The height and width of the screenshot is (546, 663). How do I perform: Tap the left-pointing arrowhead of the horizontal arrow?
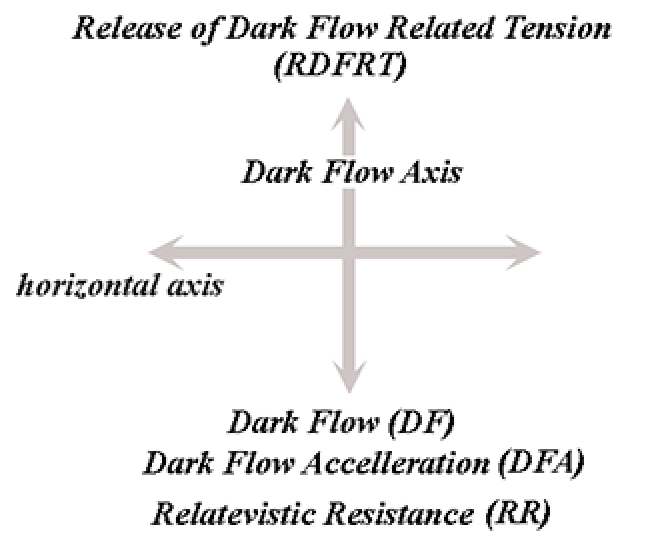(165, 251)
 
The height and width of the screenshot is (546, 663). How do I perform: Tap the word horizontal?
(81, 287)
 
